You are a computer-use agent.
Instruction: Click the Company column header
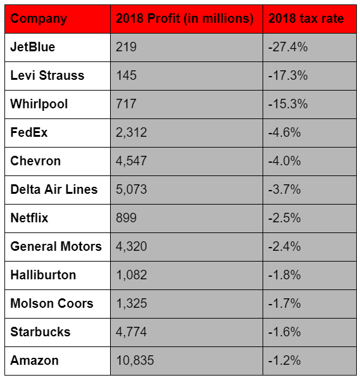39,19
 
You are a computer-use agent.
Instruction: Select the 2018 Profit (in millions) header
185,18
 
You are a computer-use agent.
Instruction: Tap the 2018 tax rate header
306,18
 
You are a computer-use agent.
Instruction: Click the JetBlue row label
33,47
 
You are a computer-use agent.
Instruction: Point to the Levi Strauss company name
47,75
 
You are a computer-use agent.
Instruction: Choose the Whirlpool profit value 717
126,104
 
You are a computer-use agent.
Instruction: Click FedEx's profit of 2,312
131,132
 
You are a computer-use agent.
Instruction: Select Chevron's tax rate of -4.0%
285,161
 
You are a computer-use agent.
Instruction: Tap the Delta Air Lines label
54,189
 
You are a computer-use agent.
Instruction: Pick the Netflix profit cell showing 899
126,218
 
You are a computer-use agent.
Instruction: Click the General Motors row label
56,246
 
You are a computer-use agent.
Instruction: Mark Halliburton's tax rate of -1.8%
285,275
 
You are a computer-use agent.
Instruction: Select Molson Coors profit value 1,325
132,303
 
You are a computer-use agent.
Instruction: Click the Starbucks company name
40,332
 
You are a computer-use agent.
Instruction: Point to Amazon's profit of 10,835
135,360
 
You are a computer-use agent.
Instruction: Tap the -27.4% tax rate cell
288,47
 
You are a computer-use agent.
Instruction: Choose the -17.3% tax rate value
288,75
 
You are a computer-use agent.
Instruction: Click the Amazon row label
34,360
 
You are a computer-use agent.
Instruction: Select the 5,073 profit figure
131,189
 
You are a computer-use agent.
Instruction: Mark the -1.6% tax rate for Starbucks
285,332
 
